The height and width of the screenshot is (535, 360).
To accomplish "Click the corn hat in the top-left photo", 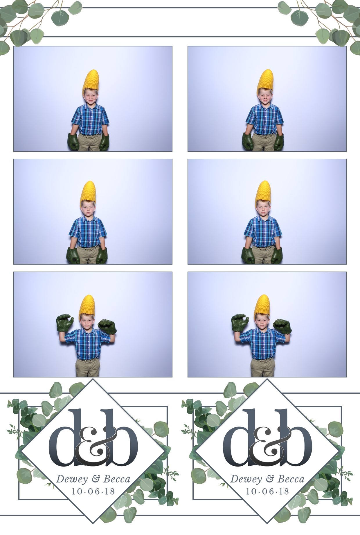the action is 91,80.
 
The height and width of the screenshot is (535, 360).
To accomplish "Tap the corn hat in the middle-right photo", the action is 263,193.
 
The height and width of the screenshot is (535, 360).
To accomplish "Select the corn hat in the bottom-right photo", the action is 262,307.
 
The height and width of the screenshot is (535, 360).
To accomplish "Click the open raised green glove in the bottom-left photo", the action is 65,324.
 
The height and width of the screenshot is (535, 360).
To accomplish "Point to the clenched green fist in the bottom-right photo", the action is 282,326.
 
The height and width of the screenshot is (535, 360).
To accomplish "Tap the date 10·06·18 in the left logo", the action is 93,491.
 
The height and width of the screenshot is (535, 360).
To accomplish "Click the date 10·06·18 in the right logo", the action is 268,491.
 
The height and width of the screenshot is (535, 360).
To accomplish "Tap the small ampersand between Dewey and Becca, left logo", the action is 96,479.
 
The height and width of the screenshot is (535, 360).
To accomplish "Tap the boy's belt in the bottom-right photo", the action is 262,359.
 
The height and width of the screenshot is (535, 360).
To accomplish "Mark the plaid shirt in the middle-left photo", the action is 88,232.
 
